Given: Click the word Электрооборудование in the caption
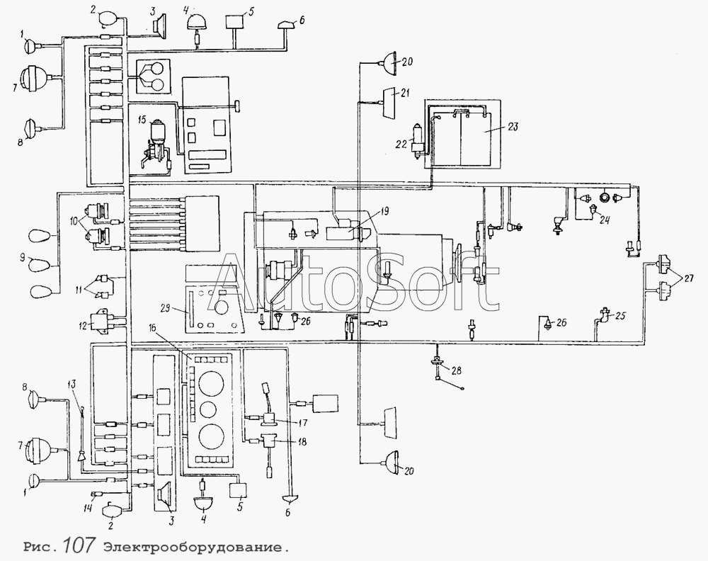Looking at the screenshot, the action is pyautogui.click(x=195, y=548).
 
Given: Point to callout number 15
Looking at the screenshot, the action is pyautogui.click(x=142, y=120).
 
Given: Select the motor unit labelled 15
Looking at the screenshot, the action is pyautogui.click(x=154, y=144).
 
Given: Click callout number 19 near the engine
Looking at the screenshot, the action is pyautogui.click(x=384, y=211).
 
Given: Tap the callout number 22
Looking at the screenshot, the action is pyautogui.click(x=401, y=144).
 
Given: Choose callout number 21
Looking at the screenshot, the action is pyautogui.click(x=405, y=93).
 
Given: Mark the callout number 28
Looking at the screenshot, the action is pyautogui.click(x=457, y=370).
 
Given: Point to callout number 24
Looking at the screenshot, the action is pyautogui.click(x=605, y=220).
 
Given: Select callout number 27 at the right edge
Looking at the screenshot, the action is pyautogui.click(x=688, y=278).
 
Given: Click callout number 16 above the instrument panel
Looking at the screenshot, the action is pyautogui.click(x=154, y=329).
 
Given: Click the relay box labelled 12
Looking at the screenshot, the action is pyautogui.click(x=100, y=322).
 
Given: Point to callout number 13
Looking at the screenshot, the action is pyautogui.click(x=72, y=385).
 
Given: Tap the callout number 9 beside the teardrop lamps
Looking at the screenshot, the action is pyautogui.click(x=22, y=259).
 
